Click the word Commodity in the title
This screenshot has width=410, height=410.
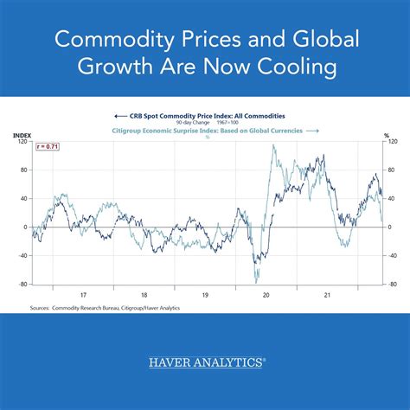tap(107, 40)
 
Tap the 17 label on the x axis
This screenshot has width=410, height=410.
tap(83, 293)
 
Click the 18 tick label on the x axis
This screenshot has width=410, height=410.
tap(144, 293)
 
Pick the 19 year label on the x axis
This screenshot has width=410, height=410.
tap(206, 293)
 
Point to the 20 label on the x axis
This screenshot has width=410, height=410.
tap(267, 293)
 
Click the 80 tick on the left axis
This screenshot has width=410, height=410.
tap(24, 170)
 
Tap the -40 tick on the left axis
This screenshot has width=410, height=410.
tap(22, 255)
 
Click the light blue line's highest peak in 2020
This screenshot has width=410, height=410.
tap(273, 145)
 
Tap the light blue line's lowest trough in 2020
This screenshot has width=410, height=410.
tap(256, 282)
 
